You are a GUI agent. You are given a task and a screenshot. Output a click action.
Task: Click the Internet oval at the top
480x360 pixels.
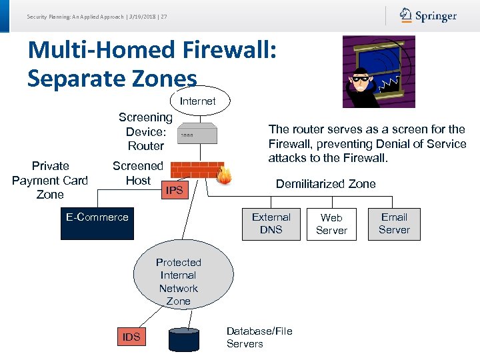198,101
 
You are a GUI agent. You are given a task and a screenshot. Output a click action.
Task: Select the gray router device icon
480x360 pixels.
197,134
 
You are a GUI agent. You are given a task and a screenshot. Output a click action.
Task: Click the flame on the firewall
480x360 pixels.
224,175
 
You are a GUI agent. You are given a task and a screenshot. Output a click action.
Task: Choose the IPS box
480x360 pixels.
174,191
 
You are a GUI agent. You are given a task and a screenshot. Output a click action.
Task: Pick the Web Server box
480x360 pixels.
331,223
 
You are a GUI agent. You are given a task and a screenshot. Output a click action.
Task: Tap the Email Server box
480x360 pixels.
394,223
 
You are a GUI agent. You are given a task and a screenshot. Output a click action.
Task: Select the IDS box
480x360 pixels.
131,337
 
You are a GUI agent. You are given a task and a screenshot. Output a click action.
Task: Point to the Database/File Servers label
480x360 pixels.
259,337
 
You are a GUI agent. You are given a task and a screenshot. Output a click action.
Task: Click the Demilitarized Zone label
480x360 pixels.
325,184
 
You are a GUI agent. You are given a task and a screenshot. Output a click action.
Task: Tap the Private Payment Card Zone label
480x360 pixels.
50,180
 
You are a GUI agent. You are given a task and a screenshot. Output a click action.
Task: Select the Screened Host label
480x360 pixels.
137,173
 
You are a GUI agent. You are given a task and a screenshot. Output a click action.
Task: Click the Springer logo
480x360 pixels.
428,15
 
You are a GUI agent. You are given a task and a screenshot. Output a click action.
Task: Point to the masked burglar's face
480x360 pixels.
361,79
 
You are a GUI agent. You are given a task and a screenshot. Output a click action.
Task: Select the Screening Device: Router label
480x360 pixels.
145,131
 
